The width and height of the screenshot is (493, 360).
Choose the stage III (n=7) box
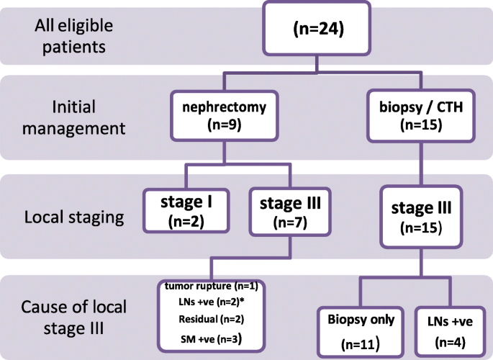click(x=287, y=211)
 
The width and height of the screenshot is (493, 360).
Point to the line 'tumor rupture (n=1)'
click(x=212, y=286)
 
